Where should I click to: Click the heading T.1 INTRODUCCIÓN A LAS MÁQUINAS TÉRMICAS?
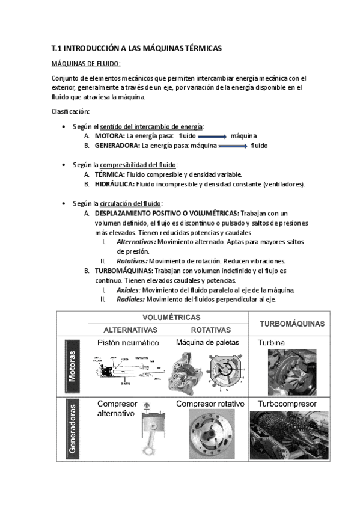coord(137,47)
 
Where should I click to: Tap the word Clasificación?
coord(72,111)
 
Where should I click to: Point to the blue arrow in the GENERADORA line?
coord(233,146)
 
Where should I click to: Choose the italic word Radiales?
coord(130,300)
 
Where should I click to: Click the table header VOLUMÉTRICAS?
coord(171,316)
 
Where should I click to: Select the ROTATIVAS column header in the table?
coord(211,330)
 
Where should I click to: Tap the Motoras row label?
coord(72,366)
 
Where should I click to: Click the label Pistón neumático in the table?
coord(128,343)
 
